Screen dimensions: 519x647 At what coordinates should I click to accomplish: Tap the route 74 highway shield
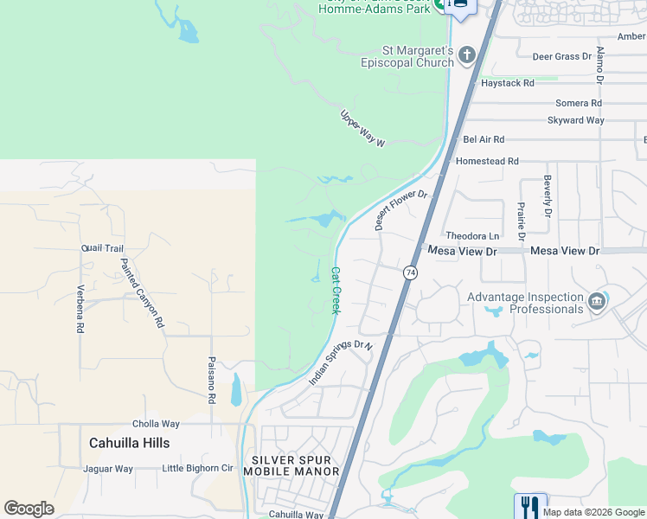(410, 272)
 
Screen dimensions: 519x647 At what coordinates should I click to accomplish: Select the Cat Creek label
(335, 290)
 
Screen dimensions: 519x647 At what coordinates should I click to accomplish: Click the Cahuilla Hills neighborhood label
(129, 443)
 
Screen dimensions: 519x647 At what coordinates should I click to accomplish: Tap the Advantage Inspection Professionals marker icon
(596, 302)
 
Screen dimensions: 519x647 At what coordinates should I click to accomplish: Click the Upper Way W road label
(362, 128)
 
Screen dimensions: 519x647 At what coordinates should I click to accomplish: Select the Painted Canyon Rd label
(142, 292)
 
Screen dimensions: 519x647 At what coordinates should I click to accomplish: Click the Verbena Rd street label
(80, 309)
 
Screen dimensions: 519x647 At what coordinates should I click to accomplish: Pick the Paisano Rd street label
(211, 381)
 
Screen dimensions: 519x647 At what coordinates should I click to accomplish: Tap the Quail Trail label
(102, 248)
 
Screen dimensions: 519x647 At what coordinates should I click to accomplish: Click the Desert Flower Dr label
(401, 210)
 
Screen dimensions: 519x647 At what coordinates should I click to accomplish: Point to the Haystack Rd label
(508, 83)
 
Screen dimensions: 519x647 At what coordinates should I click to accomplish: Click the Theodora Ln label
(472, 236)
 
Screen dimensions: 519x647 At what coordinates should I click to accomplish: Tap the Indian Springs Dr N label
(341, 362)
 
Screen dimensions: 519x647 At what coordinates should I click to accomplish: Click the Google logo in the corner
(29, 509)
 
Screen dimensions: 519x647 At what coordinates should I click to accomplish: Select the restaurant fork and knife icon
(529, 505)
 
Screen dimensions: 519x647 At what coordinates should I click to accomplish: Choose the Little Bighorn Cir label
(198, 469)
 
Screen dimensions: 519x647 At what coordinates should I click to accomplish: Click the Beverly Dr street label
(548, 195)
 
